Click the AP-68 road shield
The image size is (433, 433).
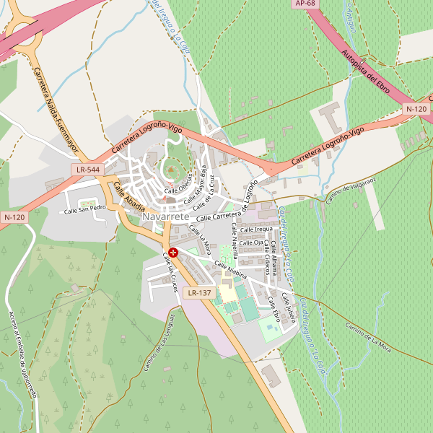click(x=306, y=4)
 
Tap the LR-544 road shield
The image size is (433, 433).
click(x=87, y=170)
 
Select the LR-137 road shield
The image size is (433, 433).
click(x=198, y=293)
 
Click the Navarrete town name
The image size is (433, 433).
click(x=166, y=216)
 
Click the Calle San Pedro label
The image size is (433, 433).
click(x=85, y=210)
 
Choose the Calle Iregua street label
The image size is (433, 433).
click(x=256, y=229)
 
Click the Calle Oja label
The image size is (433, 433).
click(x=250, y=242)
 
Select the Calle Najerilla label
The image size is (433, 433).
click(x=234, y=245)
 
